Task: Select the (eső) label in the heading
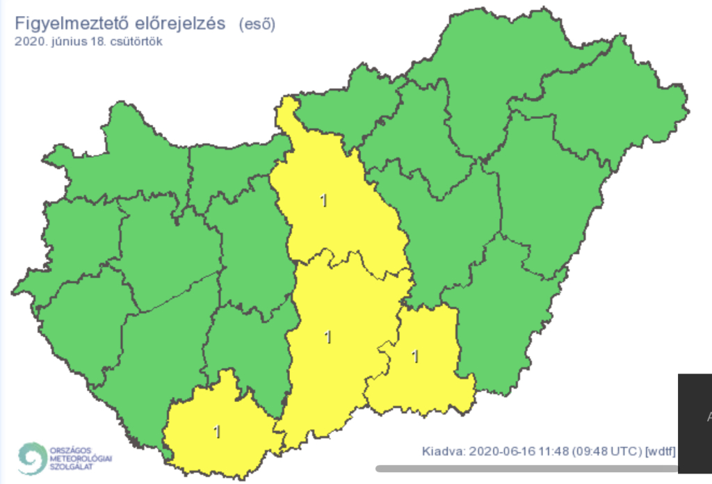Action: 257,24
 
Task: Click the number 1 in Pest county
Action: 323,201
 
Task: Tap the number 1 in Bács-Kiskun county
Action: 328,337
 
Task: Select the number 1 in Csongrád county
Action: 416,357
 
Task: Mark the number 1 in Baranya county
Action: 217,432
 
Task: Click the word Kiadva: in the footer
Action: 442,451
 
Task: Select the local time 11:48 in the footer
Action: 552,451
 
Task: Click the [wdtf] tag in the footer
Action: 661,451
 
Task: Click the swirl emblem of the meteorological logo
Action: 32,459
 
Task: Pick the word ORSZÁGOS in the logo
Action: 71,451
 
